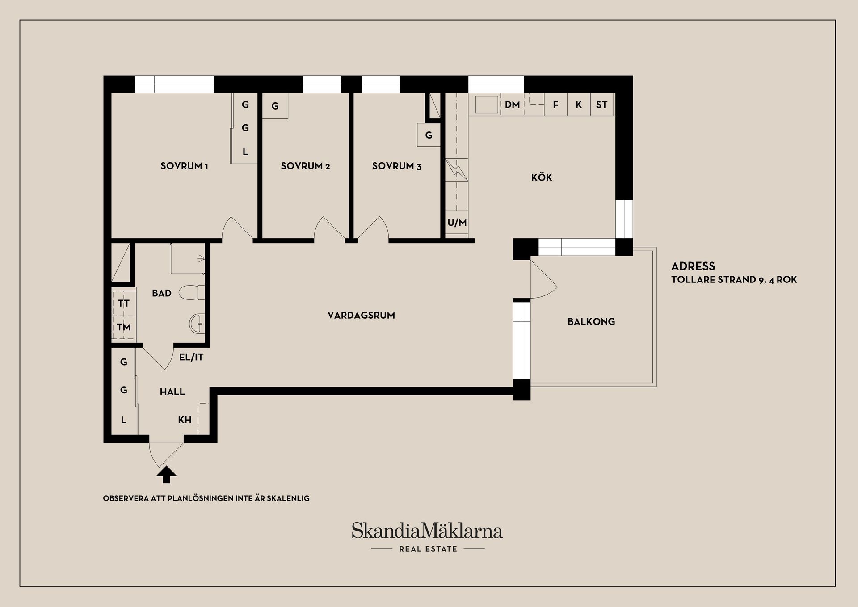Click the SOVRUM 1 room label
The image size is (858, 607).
point(184,166)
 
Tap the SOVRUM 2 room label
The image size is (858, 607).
point(305,166)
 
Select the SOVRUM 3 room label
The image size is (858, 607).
point(396,166)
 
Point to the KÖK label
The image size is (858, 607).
point(542,177)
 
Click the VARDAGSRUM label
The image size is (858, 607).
point(361,316)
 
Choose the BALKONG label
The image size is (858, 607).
point(591,321)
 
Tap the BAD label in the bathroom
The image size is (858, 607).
point(162,293)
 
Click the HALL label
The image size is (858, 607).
point(172,392)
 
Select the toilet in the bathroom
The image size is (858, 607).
point(192,293)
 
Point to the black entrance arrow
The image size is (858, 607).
point(166,475)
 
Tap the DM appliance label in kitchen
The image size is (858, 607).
point(512,105)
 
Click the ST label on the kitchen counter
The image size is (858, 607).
point(601,105)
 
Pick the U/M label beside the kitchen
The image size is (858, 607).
point(457,223)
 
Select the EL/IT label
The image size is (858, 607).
point(191,357)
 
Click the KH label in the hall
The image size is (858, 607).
point(185,420)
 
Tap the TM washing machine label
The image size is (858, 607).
point(124,327)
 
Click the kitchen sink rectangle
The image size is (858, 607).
point(486,105)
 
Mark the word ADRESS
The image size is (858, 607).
point(693,266)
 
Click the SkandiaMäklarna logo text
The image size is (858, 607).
point(427,531)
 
